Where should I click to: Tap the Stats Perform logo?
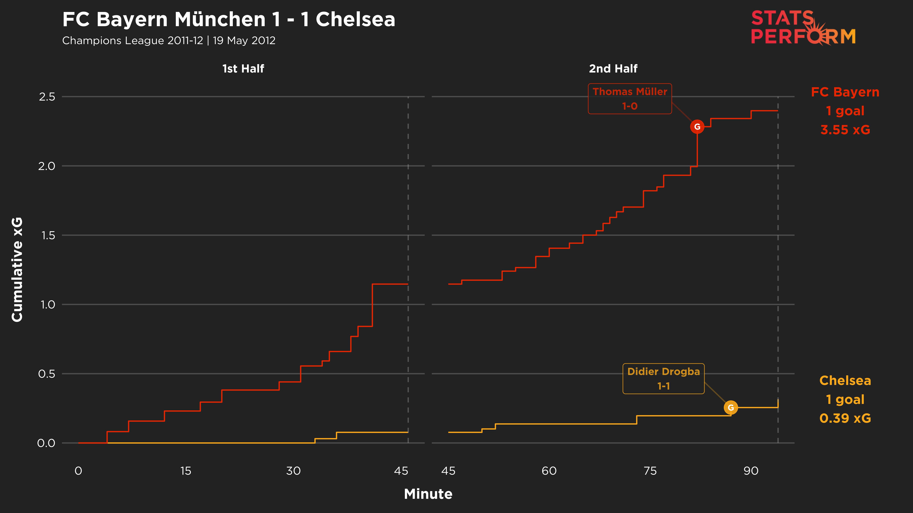803,28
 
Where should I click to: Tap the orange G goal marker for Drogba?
731,407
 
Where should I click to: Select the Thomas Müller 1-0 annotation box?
630,99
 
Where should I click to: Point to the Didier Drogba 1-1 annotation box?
664,378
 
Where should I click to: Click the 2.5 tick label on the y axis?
47,97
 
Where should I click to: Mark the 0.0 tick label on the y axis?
46,443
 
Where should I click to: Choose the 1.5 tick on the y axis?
48,235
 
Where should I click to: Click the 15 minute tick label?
186,471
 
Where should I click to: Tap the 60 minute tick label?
549,471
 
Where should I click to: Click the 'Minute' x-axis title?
428,494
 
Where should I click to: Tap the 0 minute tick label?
78,471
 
